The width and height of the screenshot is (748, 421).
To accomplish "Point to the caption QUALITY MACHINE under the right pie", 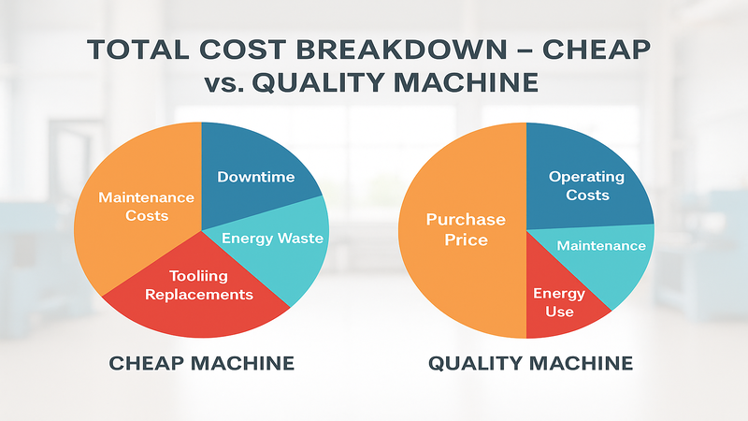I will coord(530,362).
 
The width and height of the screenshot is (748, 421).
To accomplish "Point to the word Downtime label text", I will coord(255,176).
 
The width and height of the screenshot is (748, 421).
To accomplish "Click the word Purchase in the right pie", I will coord(466,220).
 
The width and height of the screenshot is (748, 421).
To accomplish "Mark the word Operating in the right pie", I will coord(585,176).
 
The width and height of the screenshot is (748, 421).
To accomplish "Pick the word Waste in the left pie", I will coord(300,238).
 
